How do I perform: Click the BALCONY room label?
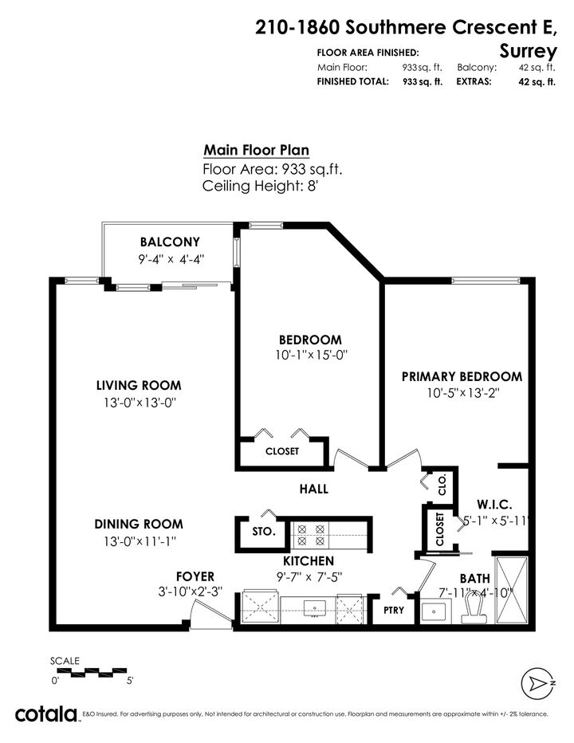tap(170, 242)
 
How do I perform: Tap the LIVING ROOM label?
tap(139, 385)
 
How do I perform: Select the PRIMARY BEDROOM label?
tap(462, 377)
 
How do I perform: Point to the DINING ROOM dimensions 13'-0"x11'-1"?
tap(140, 541)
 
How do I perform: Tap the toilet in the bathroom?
tap(475, 608)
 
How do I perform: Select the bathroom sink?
tap(434, 611)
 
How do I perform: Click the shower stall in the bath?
tap(511, 590)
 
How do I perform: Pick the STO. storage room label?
tap(264, 532)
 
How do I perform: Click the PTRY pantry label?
tap(394, 611)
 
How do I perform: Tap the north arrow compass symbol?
tap(537, 683)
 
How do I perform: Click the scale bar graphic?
tap(89, 672)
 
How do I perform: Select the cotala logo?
tap(46, 714)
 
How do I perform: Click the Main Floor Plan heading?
tap(257, 150)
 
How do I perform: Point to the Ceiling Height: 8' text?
tap(260, 186)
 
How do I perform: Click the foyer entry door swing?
tap(210, 614)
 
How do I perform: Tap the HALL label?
tap(314, 489)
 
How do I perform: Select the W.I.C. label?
tap(494, 504)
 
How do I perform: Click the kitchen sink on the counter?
tap(314, 609)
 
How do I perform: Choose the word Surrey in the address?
tap(528, 51)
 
